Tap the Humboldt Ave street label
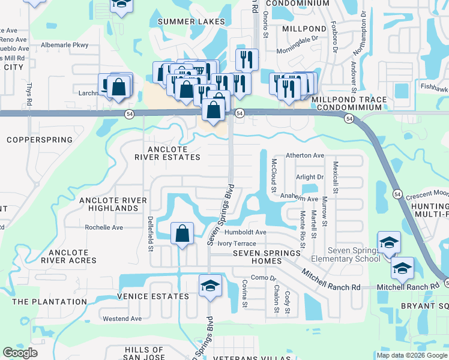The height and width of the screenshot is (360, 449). [x=243, y=232]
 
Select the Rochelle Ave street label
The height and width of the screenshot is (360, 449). [x=104, y=227]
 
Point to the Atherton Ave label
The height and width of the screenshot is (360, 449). [x=305, y=155]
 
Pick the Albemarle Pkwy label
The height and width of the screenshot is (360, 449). [x=64, y=45]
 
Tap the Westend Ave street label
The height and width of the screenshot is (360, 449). [x=122, y=319]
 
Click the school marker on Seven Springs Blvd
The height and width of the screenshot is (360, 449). [x=210, y=286]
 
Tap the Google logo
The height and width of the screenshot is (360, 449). [x=20, y=353]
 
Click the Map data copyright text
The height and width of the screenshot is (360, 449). [x=412, y=355]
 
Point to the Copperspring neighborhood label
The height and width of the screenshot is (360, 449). [x=39, y=140]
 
